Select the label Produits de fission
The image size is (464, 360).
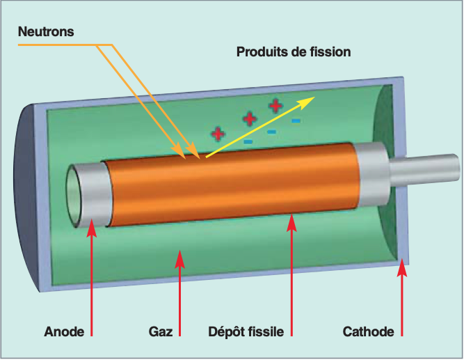pos(294,52)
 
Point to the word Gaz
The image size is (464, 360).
pos(160,331)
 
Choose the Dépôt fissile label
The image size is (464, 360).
pos(246,331)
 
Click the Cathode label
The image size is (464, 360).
pos(368,331)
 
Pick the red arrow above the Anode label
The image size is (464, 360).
pos(91,279)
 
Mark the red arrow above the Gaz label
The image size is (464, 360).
pos(179,292)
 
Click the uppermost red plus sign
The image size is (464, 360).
pos(276,106)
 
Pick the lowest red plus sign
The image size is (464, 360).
pos(218,133)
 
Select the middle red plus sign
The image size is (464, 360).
pos(249,118)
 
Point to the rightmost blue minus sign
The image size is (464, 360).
pos(296,121)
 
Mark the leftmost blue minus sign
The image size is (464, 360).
pos(248,143)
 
